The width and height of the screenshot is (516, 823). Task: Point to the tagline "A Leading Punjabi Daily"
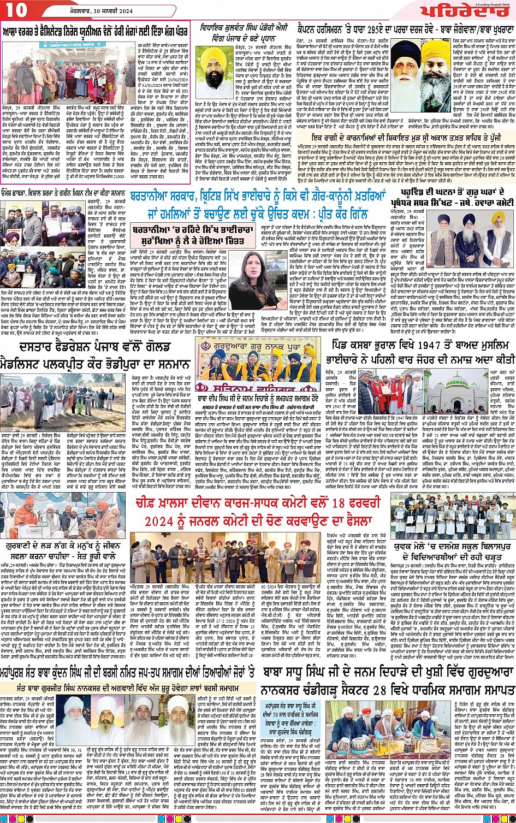494,4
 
